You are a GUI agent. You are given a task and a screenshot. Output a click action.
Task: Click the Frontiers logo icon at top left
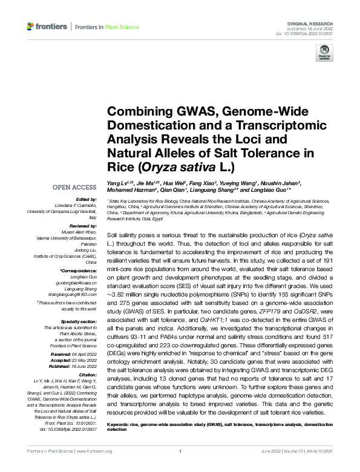pyautogui.click(x=31, y=26)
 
